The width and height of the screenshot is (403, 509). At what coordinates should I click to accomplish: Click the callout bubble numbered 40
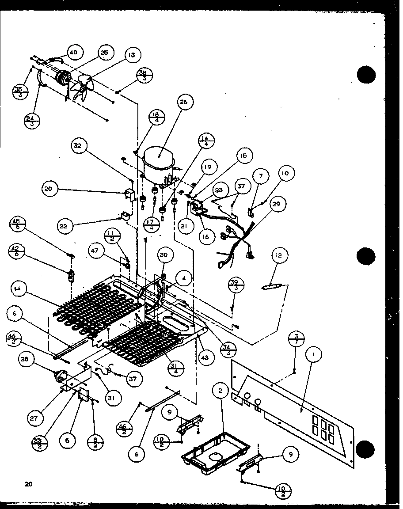tap(73, 52)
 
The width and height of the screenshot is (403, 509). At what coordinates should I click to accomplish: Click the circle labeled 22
tap(65, 226)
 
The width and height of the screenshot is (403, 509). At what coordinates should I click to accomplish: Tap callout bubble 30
tap(164, 255)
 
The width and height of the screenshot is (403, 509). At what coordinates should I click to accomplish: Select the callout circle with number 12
tap(279, 255)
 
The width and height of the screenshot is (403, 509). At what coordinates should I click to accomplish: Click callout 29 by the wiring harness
tap(276, 205)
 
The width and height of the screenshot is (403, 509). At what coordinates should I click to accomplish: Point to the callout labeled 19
tap(207, 167)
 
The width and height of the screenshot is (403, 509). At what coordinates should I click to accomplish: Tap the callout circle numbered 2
tap(221, 391)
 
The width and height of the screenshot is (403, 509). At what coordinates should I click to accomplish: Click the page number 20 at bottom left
tap(29, 484)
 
